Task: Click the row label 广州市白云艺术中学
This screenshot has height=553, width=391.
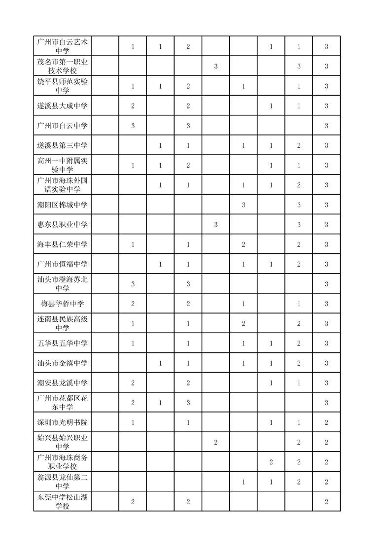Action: pyautogui.click(x=62, y=46)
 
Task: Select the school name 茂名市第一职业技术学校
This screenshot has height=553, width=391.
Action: pyautogui.click(x=62, y=66)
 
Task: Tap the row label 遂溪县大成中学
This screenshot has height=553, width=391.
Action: pyautogui.click(x=62, y=106)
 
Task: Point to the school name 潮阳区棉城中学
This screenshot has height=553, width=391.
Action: pyautogui.click(x=62, y=205)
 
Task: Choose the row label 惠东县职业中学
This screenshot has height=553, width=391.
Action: pyautogui.click(x=62, y=225)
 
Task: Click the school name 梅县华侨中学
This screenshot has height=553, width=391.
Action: pyautogui.click(x=62, y=304)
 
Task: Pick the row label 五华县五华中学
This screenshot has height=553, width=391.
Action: pyautogui.click(x=62, y=343)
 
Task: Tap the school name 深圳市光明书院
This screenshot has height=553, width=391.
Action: pyautogui.click(x=62, y=422)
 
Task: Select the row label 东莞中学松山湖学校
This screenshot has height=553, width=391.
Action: pyautogui.click(x=62, y=501)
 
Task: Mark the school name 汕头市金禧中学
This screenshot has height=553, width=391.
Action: pyautogui.click(x=62, y=363)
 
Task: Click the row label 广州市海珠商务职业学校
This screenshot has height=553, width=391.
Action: pyautogui.click(x=62, y=462)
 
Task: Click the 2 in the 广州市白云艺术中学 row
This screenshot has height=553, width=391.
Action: pyautogui.click(x=188, y=46)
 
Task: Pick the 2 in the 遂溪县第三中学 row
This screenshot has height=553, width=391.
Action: pyautogui.click(x=299, y=145)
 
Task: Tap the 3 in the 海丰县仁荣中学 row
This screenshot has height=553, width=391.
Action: pyautogui.click(x=326, y=244)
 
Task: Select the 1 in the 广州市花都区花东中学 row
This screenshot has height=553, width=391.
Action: pyautogui.click(x=161, y=403)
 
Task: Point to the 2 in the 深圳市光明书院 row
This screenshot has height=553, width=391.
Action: pyautogui.click(x=326, y=422)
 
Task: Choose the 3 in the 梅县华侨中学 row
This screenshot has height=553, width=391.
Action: pyautogui.click(x=326, y=304)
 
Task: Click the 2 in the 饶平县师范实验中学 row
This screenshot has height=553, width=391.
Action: pyautogui.click(x=188, y=86)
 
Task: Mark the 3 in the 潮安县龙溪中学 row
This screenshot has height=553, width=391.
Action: pyautogui.click(x=326, y=383)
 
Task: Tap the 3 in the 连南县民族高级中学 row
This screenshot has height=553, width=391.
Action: pyautogui.click(x=326, y=323)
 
